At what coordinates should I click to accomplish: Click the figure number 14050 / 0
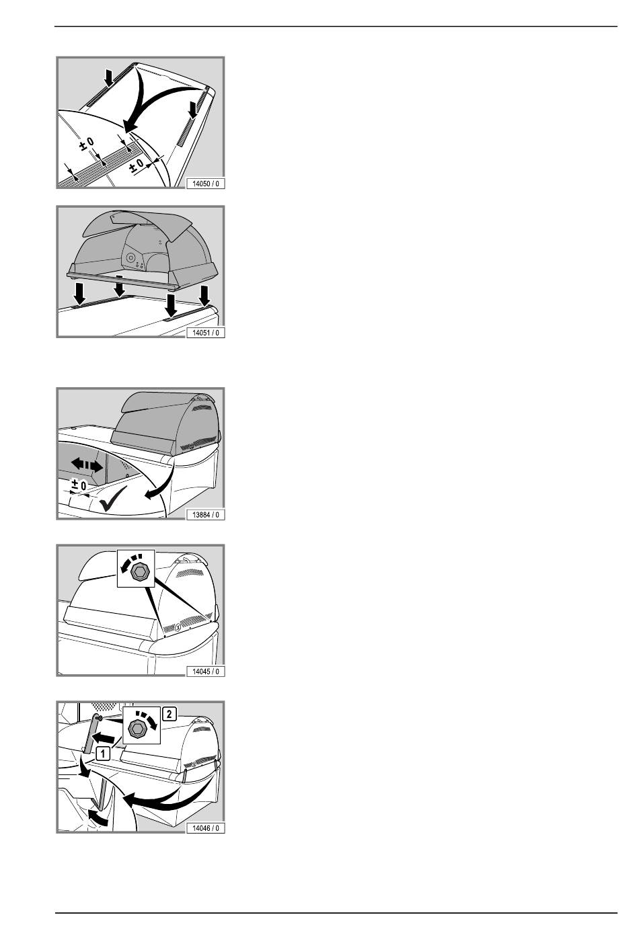click(x=206, y=184)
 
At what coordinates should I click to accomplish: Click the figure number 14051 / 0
click(x=206, y=332)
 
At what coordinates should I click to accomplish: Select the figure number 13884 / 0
click(x=206, y=514)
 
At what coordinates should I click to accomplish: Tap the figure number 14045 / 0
click(x=206, y=672)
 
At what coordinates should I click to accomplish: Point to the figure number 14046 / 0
click(x=206, y=828)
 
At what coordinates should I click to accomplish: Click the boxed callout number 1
click(x=103, y=753)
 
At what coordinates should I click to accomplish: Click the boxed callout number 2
click(x=169, y=714)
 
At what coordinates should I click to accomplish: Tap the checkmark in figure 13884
click(x=112, y=498)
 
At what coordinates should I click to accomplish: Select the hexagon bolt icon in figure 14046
click(x=137, y=730)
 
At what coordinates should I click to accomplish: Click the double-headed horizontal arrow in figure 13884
click(x=87, y=465)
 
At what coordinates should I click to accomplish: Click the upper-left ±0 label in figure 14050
click(x=87, y=144)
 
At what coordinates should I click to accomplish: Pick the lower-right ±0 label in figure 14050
click(x=137, y=165)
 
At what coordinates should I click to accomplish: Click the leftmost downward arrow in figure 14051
click(x=79, y=293)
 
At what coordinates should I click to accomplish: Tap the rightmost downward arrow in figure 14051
click(x=204, y=295)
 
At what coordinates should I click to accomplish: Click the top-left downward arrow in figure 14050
click(x=109, y=78)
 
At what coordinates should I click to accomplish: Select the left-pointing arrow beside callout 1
click(x=103, y=737)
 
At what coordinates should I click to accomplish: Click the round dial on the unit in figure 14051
click(x=130, y=258)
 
